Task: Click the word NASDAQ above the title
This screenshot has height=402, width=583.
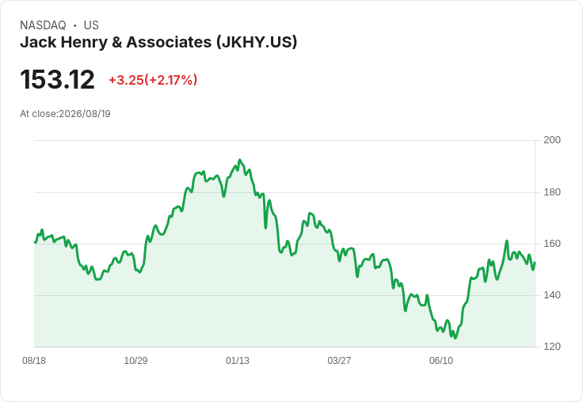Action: (43, 25)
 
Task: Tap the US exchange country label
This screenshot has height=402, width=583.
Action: (91, 25)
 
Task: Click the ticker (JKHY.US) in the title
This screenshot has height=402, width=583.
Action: (257, 43)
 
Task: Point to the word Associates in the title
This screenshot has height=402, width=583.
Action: (169, 43)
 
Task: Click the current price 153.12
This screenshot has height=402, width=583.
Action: (57, 79)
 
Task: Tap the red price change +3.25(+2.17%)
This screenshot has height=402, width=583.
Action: (153, 80)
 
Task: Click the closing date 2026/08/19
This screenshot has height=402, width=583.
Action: (85, 114)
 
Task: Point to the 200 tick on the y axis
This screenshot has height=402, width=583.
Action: (552, 140)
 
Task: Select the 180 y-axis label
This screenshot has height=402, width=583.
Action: (552, 192)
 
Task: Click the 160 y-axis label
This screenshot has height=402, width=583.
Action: (552, 244)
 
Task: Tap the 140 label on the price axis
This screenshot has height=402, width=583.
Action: (552, 295)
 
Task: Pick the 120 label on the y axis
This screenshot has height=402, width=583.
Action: (552, 347)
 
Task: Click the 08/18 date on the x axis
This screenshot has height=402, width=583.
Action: (34, 361)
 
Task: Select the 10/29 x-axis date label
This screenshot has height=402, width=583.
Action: (135, 361)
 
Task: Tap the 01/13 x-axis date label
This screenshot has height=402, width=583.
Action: (238, 361)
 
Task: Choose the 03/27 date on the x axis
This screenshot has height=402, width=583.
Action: (339, 361)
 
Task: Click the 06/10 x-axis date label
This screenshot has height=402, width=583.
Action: (441, 361)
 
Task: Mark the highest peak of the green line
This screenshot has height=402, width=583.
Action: (239, 160)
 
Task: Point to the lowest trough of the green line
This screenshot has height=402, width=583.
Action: (455, 338)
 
